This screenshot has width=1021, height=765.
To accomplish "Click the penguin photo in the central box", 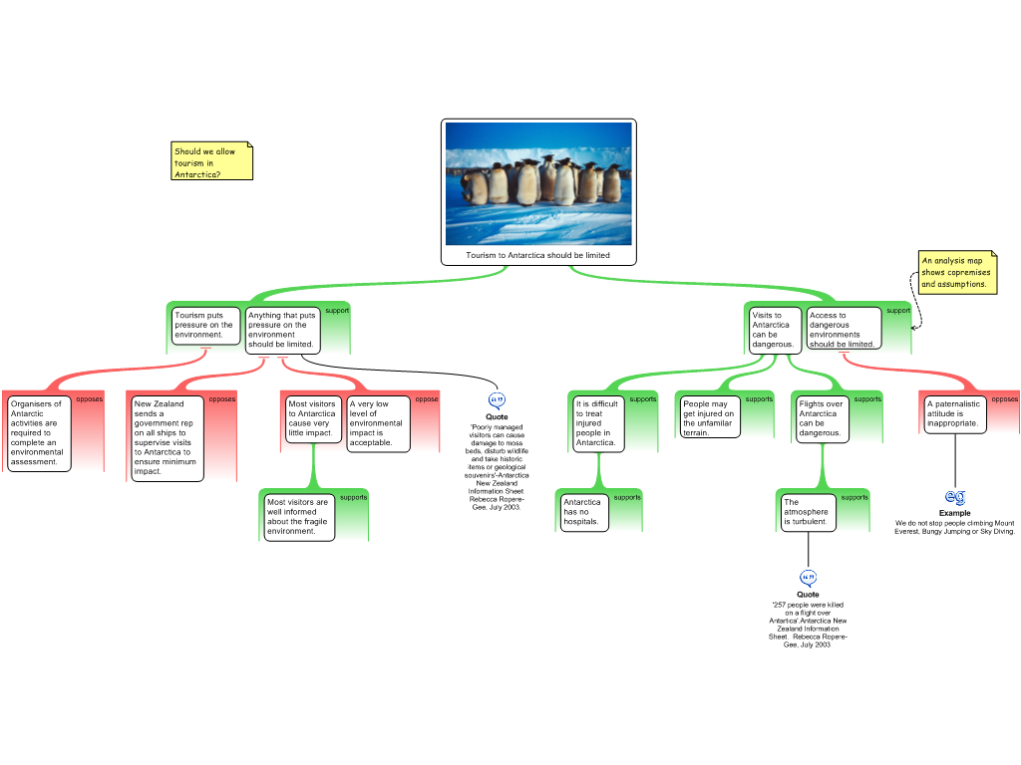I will pyautogui.click(x=538, y=183).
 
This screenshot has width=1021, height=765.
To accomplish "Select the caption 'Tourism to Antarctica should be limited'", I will pyautogui.click(x=538, y=256).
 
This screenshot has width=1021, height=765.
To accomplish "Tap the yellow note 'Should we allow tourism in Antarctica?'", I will pyautogui.click(x=211, y=162).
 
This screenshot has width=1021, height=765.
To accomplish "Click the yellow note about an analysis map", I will pyautogui.click(x=956, y=272).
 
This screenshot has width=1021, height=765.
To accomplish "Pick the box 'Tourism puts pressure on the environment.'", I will pyautogui.click(x=205, y=326).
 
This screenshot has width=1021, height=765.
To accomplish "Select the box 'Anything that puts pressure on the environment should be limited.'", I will pyautogui.click(x=283, y=330).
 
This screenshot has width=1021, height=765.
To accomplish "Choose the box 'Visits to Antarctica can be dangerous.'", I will pyautogui.click(x=775, y=330).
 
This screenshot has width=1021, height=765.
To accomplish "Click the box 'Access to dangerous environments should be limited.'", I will pyautogui.click(x=844, y=330).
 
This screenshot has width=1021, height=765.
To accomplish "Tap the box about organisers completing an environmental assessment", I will pyautogui.click(x=39, y=433).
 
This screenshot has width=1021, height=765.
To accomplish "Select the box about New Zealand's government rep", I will pyautogui.click(x=167, y=438).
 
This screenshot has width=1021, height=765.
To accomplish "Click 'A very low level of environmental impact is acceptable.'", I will pyautogui.click(x=378, y=423).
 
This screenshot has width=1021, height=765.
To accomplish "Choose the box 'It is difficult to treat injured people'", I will pyautogui.click(x=598, y=423).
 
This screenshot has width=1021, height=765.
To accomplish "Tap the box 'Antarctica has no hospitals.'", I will pyautogui.click(x=582, y=512).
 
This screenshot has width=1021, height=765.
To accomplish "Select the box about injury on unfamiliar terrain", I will pyautogui.click(x=710, y=418).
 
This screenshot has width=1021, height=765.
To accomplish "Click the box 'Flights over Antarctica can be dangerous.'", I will pyautogui.click(x=822, y=419).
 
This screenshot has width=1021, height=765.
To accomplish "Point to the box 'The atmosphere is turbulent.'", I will pyautogui.click(x=808, y=512).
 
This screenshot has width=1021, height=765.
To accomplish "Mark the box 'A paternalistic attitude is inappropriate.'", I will pyautogui.click(x=955, y=414).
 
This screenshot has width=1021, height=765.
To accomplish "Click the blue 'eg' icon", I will pyautogui.click(x=955, y=496).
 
